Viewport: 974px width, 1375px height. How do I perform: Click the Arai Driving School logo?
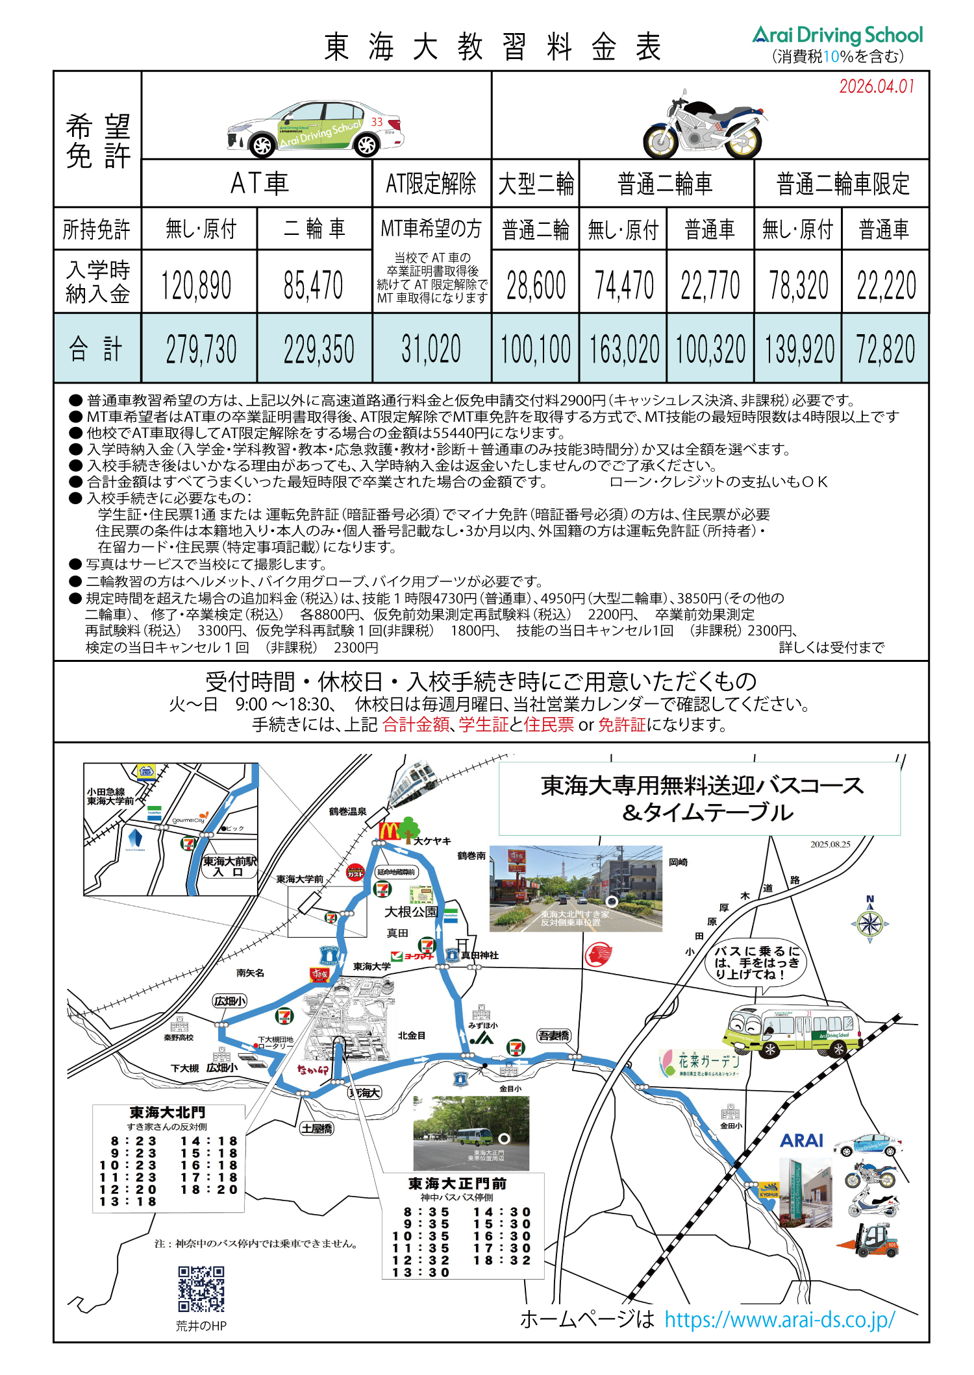click(x=837, y=35)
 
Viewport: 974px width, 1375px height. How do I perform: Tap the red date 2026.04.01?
click(x=876, y=86)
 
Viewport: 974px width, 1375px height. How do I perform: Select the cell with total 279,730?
click(x=201, y=349)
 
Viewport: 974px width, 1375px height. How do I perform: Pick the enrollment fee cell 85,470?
click(x=314, y=285)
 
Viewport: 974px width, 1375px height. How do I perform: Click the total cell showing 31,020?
click(x=431, y=349)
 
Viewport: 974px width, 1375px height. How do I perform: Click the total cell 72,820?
click(x=885, y=349)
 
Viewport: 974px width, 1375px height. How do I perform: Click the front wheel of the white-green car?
click(x=262, y=145)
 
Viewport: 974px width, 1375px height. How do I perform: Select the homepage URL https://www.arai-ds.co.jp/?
click(x=779, y=1320)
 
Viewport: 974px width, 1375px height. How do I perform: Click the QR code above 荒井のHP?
click(x=201, y=1289)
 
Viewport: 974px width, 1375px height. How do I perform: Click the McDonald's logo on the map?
click(x=389, y=831)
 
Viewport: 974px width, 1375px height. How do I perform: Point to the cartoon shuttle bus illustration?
click(x=792, y=1031)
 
